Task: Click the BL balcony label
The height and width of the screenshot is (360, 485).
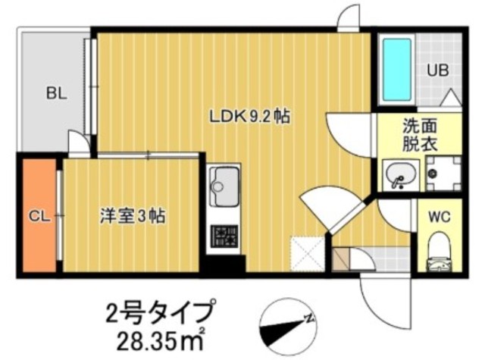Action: point(57,93)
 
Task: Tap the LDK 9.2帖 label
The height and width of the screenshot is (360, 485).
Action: point(250,117)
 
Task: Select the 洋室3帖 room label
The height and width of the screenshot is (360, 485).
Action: point(132,216)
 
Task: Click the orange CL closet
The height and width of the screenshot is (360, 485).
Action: point(39,215)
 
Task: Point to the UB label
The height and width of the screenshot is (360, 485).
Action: point(438,70)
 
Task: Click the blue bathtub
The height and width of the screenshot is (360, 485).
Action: point(397,70)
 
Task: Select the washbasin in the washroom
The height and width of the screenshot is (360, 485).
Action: point(401,175)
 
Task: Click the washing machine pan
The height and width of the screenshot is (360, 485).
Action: point(443,174)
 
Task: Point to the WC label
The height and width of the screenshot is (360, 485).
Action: point(440,217)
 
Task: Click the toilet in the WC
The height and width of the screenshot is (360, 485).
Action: point(440,252)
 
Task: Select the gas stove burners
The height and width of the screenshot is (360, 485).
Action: point(224,236)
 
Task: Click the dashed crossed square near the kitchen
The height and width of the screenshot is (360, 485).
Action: point(307,254)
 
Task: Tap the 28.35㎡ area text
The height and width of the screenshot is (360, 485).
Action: point(161,340)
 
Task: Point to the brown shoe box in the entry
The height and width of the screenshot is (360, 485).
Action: point(341,258)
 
